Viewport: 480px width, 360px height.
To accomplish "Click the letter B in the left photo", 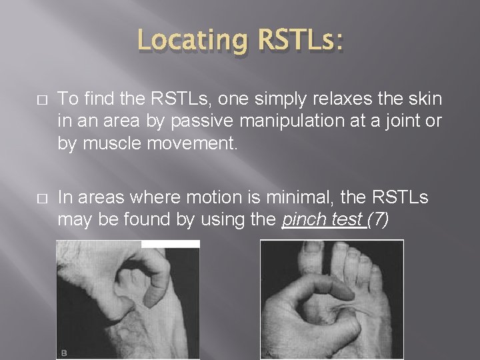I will pos(64,351).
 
